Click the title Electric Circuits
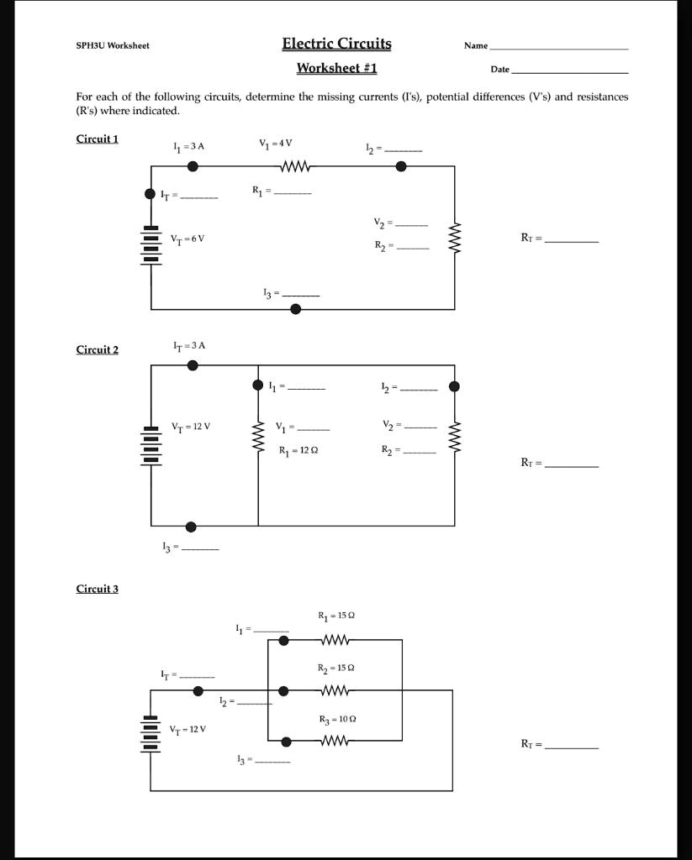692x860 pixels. click(336, 44)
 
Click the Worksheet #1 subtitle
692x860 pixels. click(336, 68)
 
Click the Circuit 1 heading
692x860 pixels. click(98, 139)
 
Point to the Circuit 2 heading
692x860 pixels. click(98, 349)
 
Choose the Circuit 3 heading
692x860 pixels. click(98, 589)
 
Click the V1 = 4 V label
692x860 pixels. click(277, 143)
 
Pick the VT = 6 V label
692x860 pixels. click(188, 239)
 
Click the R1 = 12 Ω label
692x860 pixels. click(298, 451)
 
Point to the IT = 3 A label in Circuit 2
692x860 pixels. click(189, 345)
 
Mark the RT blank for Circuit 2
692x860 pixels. click(572, 464)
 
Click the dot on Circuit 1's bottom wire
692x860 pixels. click(295, 309)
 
